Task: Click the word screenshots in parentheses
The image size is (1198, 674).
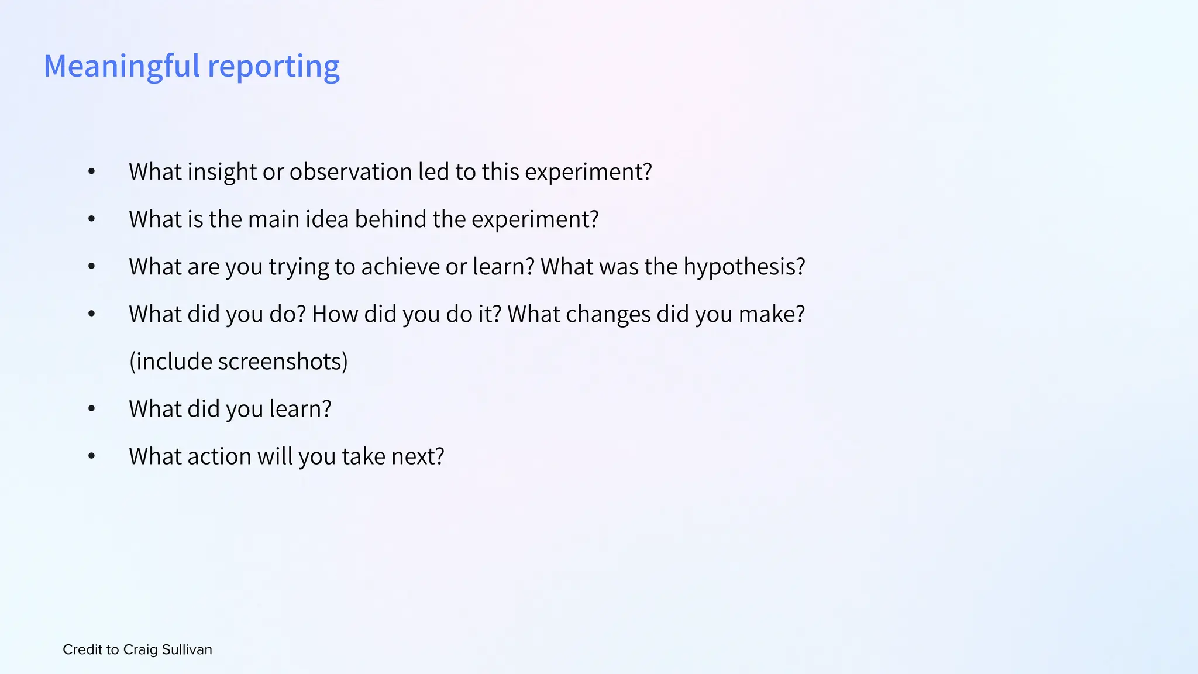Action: pyautogui.click(x=283, y=362)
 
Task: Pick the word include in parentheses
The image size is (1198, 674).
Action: pyautogui.click(x=170, y=362)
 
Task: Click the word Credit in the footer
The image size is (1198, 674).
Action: pyautogui.click(x=82, y=649)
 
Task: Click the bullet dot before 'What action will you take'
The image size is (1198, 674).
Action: pyautogui.click(x=91, y=456)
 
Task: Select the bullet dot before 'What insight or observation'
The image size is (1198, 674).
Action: pyautogui.click(x=91, y=172)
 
